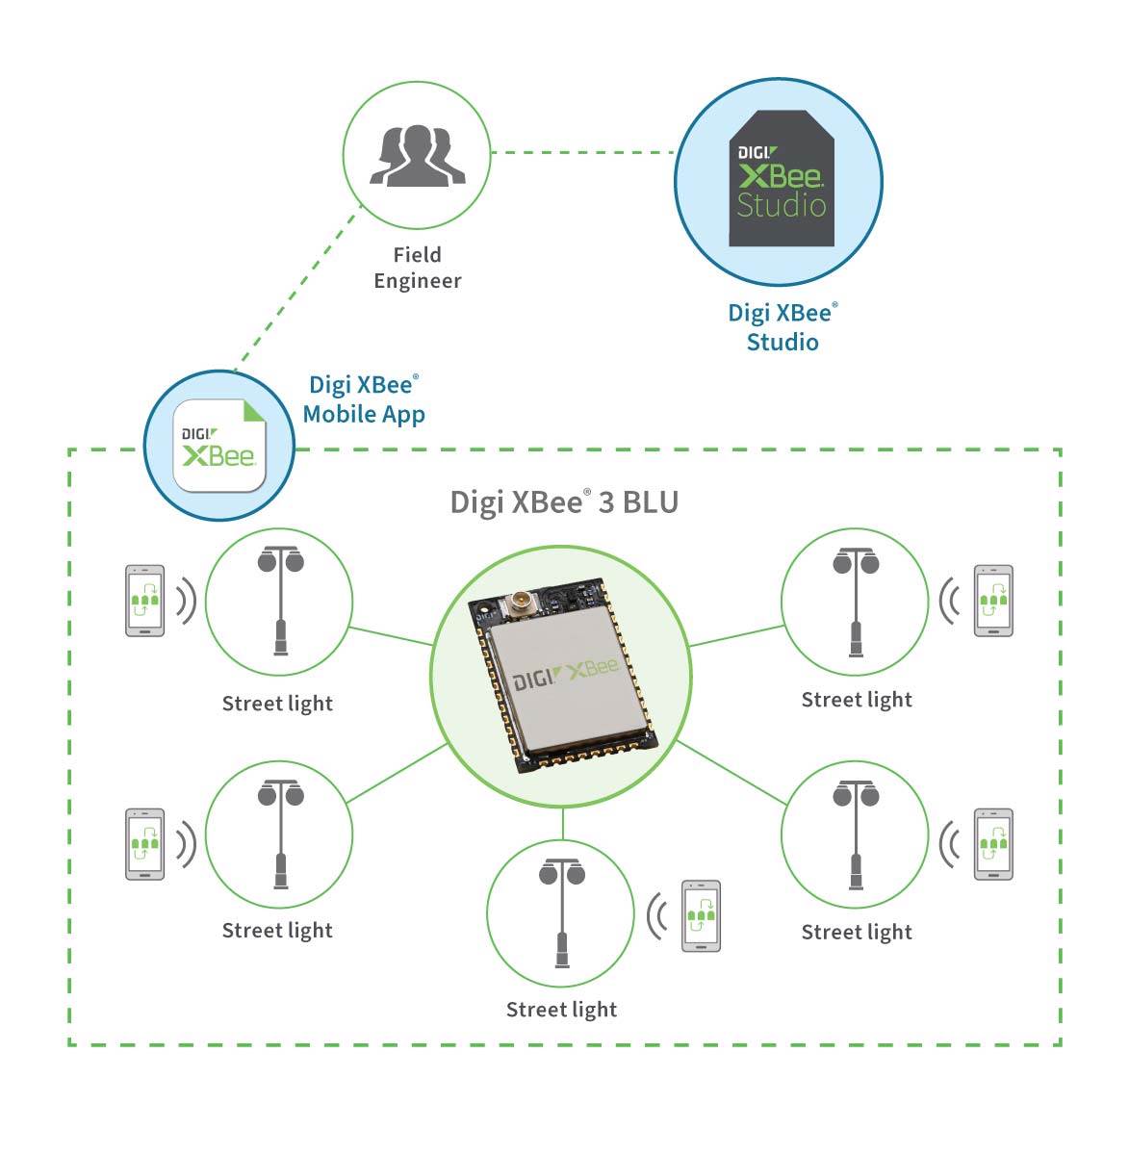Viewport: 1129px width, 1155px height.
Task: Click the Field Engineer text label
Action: point(418,268)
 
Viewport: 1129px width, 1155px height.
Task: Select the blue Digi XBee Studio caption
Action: point(783,326)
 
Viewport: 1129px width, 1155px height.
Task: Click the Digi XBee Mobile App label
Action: point(364,399)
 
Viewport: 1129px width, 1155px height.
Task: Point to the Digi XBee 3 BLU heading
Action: point(564,502)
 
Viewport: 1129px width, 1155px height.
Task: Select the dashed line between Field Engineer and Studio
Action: point(582,152)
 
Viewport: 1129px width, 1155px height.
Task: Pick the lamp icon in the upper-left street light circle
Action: point(280,602)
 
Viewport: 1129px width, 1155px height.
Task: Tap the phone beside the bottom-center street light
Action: point(701,916)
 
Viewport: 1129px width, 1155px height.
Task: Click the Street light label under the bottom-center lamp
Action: point(561,1010)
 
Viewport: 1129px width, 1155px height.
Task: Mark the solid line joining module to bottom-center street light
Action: point(563,824)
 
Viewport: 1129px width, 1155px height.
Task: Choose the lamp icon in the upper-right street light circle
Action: point(856,602)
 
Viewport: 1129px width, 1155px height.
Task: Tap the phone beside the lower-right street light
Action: point(993,844)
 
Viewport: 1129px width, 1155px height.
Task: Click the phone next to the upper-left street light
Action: point(145,601)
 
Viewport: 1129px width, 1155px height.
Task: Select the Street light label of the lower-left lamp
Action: point(277,931)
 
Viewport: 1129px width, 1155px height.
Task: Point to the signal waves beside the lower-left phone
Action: point(186,844)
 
